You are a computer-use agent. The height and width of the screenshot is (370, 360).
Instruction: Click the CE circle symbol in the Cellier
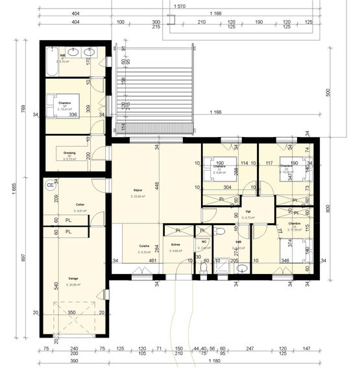point(50,185)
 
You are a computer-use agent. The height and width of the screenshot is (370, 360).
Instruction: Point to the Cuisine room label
point(145,246)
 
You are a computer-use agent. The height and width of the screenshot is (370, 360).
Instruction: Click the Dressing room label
point(69,153)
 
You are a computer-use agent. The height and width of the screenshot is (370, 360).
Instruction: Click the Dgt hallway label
point(248,211)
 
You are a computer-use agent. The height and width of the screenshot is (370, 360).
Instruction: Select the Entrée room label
point(175,245)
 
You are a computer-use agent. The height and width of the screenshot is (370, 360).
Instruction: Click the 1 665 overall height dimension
point(14,188)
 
